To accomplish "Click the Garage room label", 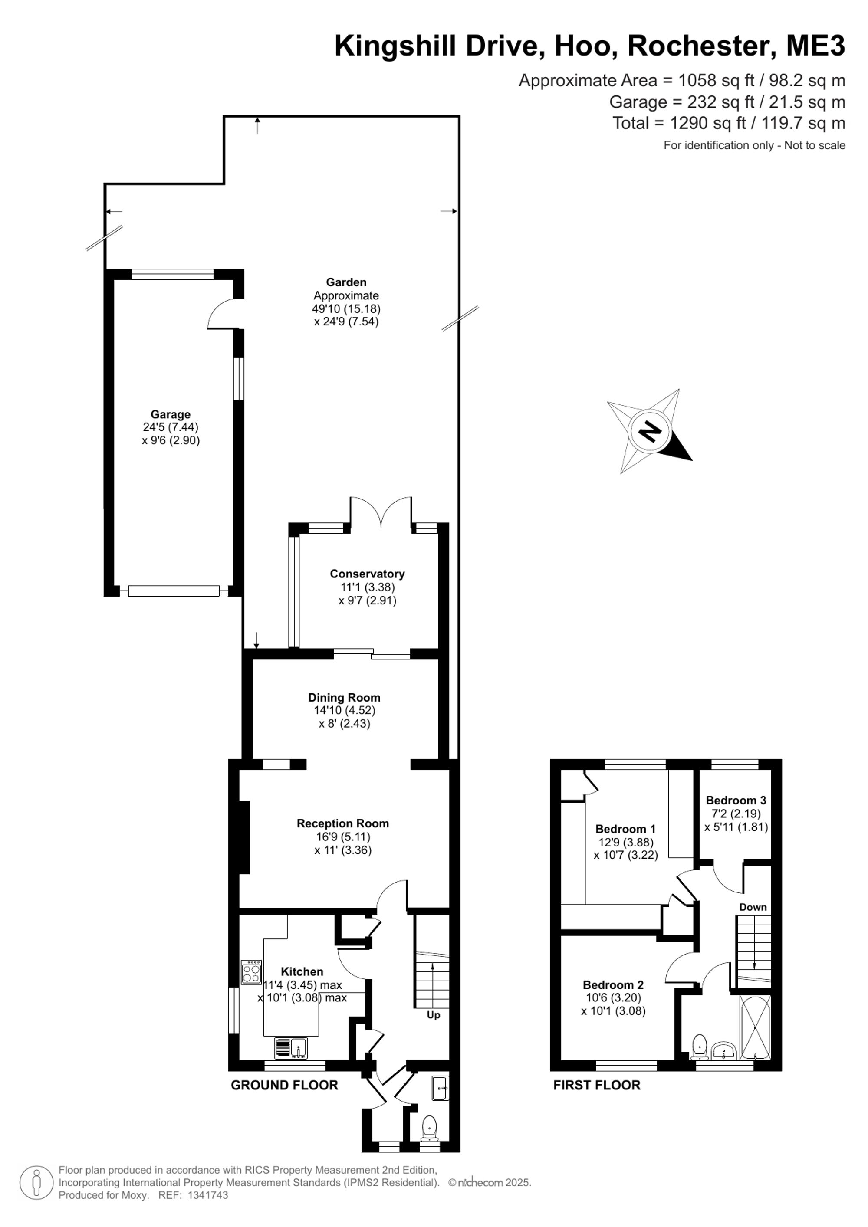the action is pyautogui.click(x=171, y=414).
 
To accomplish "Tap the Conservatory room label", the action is pyautogui.click(x=367, y=574).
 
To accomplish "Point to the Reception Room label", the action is pyautogui.click(x=342, y=823).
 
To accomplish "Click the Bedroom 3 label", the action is pyautogui.click(x=736, y=800).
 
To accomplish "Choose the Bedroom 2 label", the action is pyautogui.click(x=613, y=984).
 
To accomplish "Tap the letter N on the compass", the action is pyautogui.click(x=650, y=431).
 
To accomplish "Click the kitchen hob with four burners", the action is pyautogui.click(x=251, y=972).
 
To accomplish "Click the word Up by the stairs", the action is pyautogui.click(x=434, y=1015).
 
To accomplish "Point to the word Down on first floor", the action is pyautogui.click(x=753, y=907).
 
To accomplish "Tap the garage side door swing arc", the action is pyautogui.click(x=220, y=314).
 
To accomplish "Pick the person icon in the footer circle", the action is pyautogui.click(x=37, y=1183).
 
